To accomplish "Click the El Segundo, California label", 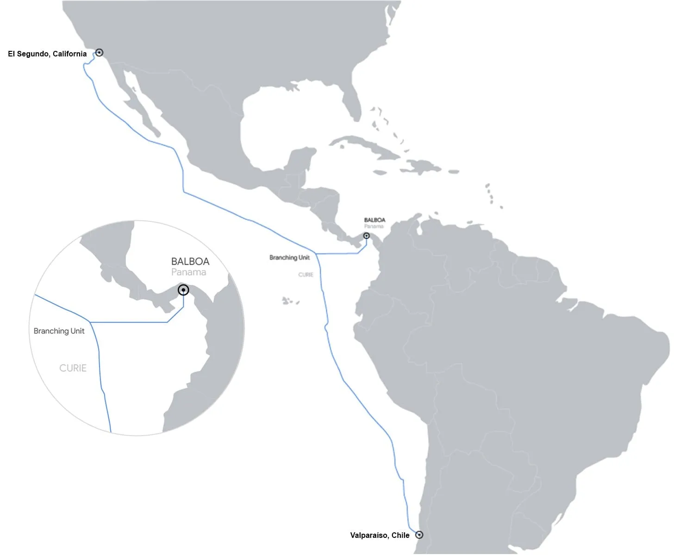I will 47,54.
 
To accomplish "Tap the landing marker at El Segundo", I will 99,52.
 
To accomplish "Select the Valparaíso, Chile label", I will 379,535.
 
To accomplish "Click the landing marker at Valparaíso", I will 419,535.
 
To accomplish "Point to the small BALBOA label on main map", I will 374,220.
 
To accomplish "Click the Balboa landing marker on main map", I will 367,236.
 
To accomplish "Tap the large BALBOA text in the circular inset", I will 190,261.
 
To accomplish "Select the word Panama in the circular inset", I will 188,272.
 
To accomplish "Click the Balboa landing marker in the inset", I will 183,290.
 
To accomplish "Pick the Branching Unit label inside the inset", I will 59,331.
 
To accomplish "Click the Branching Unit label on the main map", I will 289,258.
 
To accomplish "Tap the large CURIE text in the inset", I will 73,368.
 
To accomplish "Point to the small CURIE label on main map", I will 305,275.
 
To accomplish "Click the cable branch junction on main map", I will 316,253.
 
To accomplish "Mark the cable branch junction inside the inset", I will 90,322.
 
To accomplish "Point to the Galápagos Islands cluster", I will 289,301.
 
